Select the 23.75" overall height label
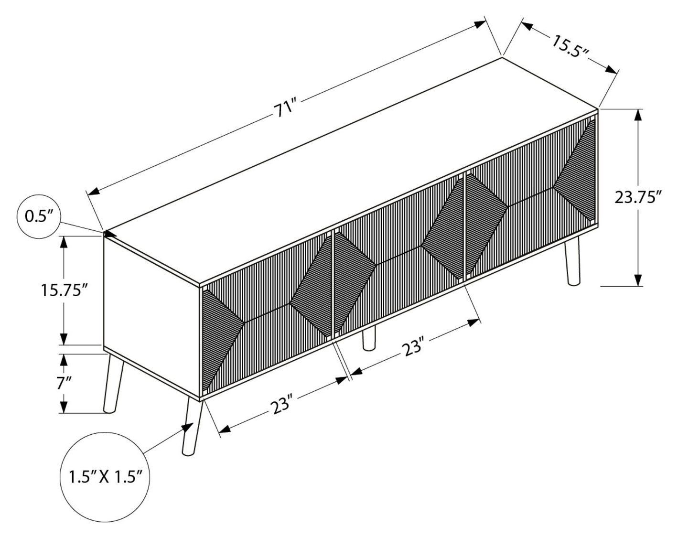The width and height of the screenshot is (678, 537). coord(637,197)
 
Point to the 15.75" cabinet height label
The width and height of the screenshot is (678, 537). coord(64,290)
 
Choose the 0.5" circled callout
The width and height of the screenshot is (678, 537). coord(38,216)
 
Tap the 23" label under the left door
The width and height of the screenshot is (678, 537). coord(283,407)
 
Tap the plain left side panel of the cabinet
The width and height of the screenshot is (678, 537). coord(151,316)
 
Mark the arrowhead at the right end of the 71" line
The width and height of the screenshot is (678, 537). coord(481,24)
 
